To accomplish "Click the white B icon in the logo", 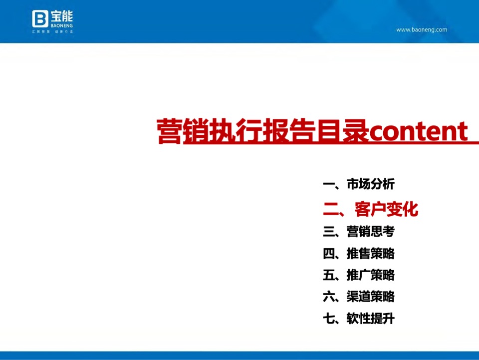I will [40, 19].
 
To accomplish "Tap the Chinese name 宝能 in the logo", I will [61, 15].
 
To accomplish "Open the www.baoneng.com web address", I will [422, 29].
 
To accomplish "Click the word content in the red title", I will [418, 131].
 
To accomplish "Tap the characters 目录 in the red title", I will [342, 131].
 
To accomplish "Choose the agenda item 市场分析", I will [371, 184].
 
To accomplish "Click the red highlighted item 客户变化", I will [386, 209].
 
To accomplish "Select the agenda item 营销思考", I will [371, 232].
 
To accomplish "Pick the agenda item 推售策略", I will [371, 254].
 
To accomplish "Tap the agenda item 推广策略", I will [371, 275].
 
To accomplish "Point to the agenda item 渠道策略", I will [371, 297].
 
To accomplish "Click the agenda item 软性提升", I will [371, 319].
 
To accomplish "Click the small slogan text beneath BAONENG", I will [52, 31].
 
